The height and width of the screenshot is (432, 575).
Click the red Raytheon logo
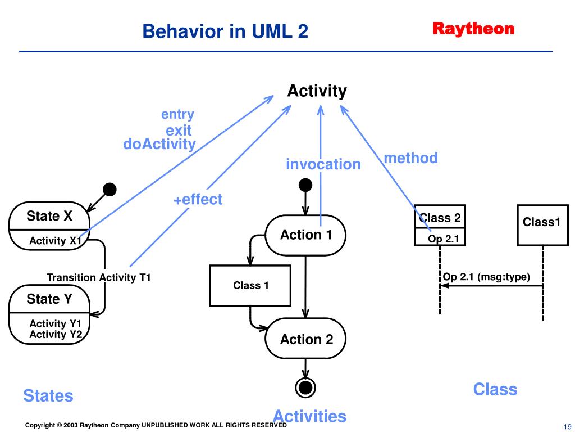tap(473, 29)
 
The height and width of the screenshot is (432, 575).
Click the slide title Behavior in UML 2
tap(225, 31)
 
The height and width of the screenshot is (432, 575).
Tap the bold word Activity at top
tap(317, 91)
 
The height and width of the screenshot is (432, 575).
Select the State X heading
tap(49, 216)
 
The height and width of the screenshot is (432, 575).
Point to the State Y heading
tap(49, 299)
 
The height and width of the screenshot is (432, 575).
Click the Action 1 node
tap(305, 235)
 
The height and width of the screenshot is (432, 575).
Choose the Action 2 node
tap(305, 339)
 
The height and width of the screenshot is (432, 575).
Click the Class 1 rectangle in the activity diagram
tap(250, 285)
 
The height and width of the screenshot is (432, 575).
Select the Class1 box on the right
tap(542, 225)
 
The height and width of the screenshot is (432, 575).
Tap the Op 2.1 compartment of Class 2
tap(440, 237)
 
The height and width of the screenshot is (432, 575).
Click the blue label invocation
tap(323, 164)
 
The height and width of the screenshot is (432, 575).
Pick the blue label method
tap(410, 158)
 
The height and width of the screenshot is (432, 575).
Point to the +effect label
tap(198, 200)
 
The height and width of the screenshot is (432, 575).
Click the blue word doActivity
tap(159, 145)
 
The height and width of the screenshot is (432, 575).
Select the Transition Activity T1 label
tap(99, 277)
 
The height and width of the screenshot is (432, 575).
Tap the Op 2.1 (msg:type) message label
tap(487, 277)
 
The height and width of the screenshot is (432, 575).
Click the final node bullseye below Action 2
tap(305, 388)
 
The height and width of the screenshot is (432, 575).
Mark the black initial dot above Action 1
tap(305, 185)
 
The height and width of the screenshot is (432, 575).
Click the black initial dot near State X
tap(109, 190)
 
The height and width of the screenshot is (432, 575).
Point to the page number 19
tap(567, 427)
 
